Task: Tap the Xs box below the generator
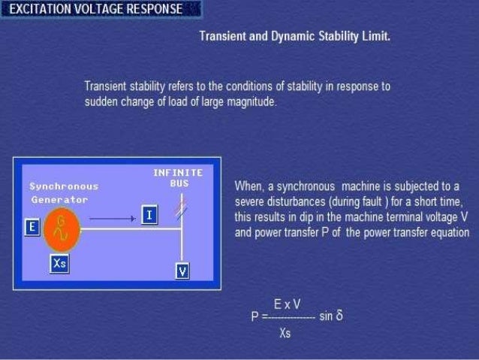[x=60, y=263]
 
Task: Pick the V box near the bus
[x=182, y=271]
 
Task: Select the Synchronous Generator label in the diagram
[x=63, y=192]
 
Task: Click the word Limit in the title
[x=376, y=36]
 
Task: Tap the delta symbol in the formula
[x=339, y=316]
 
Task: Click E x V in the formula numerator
[x=288, y=304]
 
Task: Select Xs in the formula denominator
[x=285, y=333]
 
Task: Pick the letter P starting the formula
[x=255, y=317]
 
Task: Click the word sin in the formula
[x=325, y=316]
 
